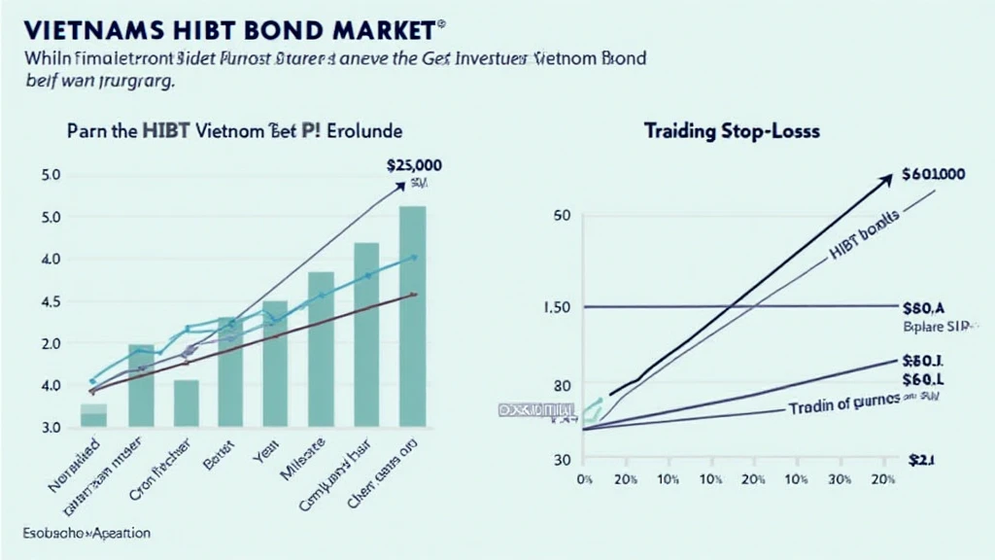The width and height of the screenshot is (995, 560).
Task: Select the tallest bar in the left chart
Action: coord(412,316)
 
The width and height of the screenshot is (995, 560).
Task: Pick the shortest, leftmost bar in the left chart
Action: coord(93,415)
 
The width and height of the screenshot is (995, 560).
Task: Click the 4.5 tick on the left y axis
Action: coord(51,301)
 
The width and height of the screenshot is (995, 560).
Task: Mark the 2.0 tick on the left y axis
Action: coord(51,343)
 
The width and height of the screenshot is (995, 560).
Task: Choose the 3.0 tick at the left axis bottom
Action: coord(51,428)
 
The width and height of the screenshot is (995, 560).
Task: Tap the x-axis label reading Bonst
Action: coord(215,459)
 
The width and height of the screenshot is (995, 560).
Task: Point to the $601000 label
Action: coord(933,175)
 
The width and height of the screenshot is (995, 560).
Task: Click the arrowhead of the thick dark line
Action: coord(888,178)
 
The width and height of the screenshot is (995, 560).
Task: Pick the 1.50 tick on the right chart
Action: coord(566,307)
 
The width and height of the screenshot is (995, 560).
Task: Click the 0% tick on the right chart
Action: coord(584,479)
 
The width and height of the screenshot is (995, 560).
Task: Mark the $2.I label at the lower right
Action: coord(919,460)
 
